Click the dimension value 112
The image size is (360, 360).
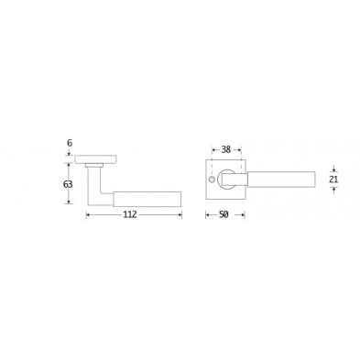click(x=130, y=214)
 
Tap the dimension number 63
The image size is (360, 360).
click(x=68, y=184)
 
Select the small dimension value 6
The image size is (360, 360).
click(x=70, y=143)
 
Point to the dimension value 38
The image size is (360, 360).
click(x=226, y=149)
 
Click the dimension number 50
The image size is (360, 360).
click(x=224, y=214)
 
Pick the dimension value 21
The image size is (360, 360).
click(x=333, y=180)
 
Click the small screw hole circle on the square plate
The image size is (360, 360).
click(x=211, y=179)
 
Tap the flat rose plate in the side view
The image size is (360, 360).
click(x=95, y=159)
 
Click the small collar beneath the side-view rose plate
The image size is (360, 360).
click(x=94, y=166)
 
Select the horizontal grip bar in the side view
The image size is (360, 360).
click(x=147, y=199)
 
